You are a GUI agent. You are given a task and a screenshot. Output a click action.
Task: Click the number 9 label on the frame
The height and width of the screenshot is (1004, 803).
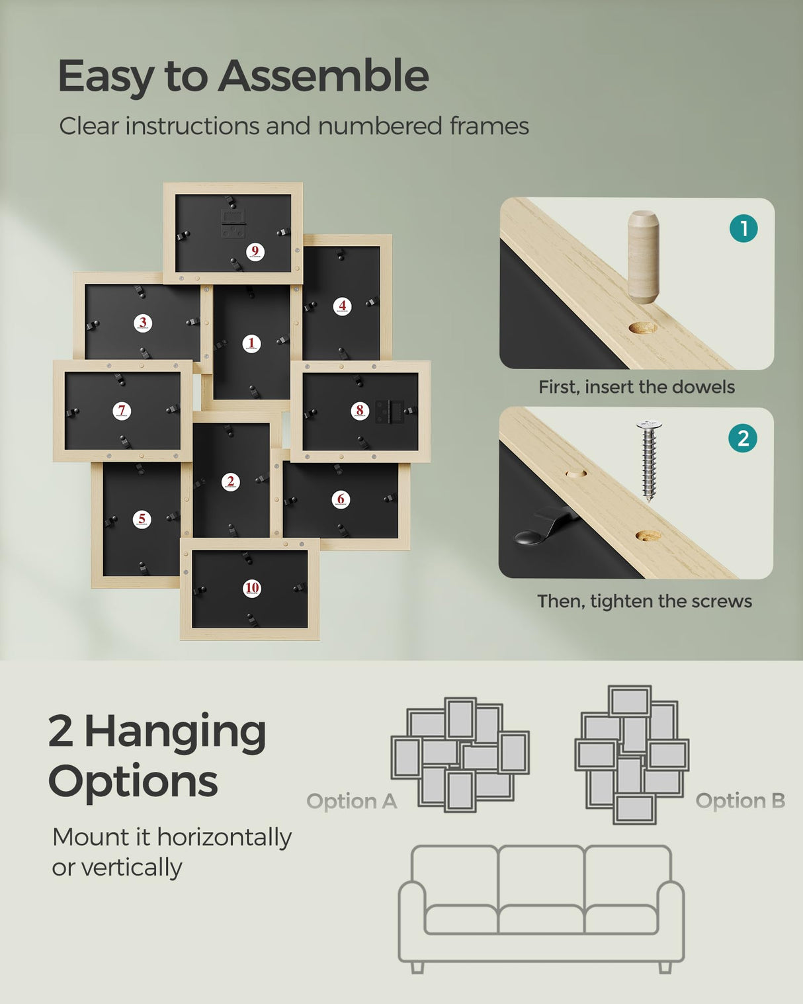255,251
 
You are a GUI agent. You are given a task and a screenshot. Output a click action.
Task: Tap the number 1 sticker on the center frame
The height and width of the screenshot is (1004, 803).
251,343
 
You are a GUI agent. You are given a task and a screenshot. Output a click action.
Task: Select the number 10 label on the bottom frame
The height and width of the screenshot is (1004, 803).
252,588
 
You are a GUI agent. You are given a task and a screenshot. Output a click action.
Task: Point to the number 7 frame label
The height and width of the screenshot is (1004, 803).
122,411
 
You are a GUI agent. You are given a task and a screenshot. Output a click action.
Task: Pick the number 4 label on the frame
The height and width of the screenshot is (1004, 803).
342,306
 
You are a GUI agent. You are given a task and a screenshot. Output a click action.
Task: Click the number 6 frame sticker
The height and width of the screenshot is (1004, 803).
341,499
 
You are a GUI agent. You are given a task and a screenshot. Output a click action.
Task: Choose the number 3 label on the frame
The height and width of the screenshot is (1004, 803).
143,323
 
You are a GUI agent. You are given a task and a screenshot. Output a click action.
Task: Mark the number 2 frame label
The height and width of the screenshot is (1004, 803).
230,482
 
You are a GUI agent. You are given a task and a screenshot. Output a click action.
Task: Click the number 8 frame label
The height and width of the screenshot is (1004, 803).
360,411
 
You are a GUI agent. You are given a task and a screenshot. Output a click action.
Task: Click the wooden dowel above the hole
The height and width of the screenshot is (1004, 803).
643,257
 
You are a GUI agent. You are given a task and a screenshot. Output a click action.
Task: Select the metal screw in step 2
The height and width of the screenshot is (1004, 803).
650,460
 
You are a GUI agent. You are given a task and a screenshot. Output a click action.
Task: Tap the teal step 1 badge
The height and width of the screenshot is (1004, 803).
743,229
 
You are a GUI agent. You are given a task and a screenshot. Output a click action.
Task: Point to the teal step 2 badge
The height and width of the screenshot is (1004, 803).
743,439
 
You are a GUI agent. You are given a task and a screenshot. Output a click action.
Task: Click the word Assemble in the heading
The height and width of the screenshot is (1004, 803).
323,76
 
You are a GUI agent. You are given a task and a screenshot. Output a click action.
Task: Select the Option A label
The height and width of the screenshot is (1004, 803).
351,802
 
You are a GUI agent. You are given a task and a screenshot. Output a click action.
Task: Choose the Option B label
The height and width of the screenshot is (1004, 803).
740,801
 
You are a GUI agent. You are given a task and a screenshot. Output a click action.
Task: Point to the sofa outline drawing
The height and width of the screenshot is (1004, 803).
541,906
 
